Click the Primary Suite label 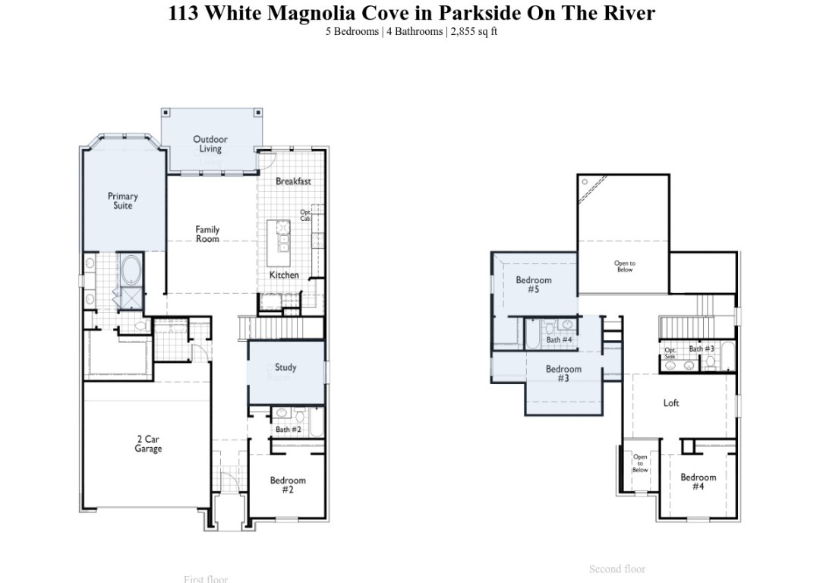(x=122, y=201)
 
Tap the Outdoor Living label (x=210, y=144)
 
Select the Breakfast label (x=293, y=181)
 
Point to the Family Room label (x=207, y=234)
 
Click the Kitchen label (x=284, y=275)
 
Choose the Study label (x=285, y=367)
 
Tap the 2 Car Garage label (x=148, y=444)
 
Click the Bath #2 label (x=289, y=430)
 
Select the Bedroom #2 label (x=288, y=485)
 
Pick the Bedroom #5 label (x=534, y=285)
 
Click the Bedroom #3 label (x=563, y=373)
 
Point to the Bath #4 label (x=559, y=340)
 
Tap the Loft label (x=671, y=403)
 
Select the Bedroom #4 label (x=698, y=481)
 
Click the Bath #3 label (x=702, y=349)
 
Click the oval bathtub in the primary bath (x=131, y=270)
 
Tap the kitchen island (x=282, y=235)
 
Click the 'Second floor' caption (x=617, y=569)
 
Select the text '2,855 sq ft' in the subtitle (x=475, y=32)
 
